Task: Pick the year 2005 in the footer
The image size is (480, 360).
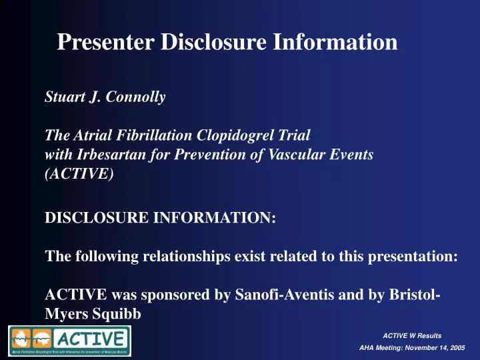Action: click(x=454, y=349)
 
